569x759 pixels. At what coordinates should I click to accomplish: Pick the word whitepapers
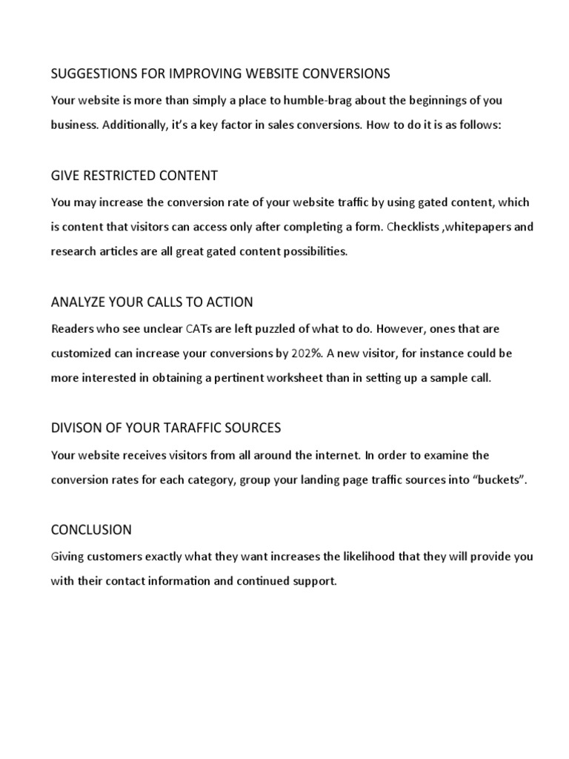click(476, 226)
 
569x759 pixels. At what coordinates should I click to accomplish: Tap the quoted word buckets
click(499, 479)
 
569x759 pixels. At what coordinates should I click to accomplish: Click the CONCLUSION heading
click(91, 530)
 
